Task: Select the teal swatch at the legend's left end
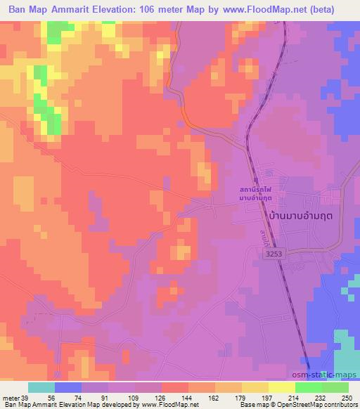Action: point(42,387)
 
